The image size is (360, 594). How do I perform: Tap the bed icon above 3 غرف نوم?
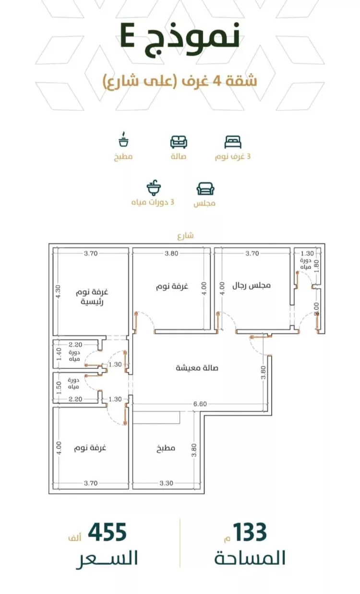233,142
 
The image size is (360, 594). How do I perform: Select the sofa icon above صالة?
179,142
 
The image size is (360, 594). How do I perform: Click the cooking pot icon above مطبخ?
123,141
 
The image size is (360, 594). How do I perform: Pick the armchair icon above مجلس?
205,188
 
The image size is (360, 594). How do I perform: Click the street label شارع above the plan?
185,236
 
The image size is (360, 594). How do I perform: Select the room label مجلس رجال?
252,285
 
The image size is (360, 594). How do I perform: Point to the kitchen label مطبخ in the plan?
166,449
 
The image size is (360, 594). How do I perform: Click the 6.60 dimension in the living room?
200,404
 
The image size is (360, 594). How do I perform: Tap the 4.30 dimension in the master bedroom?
58,292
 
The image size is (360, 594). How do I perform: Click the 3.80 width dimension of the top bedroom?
172,253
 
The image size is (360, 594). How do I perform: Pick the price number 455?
107,532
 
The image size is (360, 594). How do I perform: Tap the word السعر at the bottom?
107,559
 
